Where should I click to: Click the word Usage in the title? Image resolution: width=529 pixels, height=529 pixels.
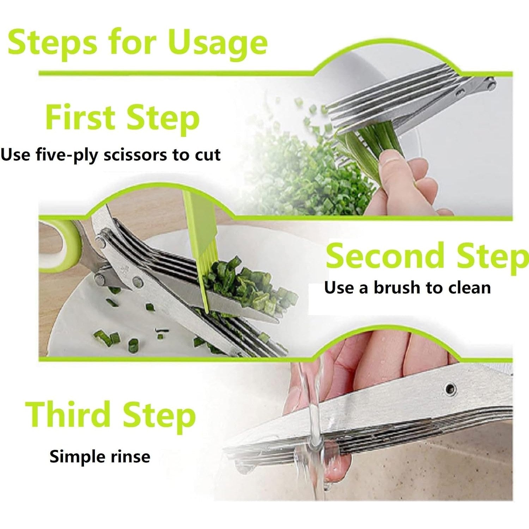click(x=218, y=43)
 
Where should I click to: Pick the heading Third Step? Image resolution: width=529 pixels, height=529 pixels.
click(x=110, y=415)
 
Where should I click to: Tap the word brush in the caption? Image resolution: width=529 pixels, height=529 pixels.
click(x=397, y=288)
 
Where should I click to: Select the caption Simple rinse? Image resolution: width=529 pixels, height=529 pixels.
click(x=100, y=456)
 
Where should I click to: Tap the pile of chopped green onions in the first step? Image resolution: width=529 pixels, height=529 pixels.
click(x=303, y=176)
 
